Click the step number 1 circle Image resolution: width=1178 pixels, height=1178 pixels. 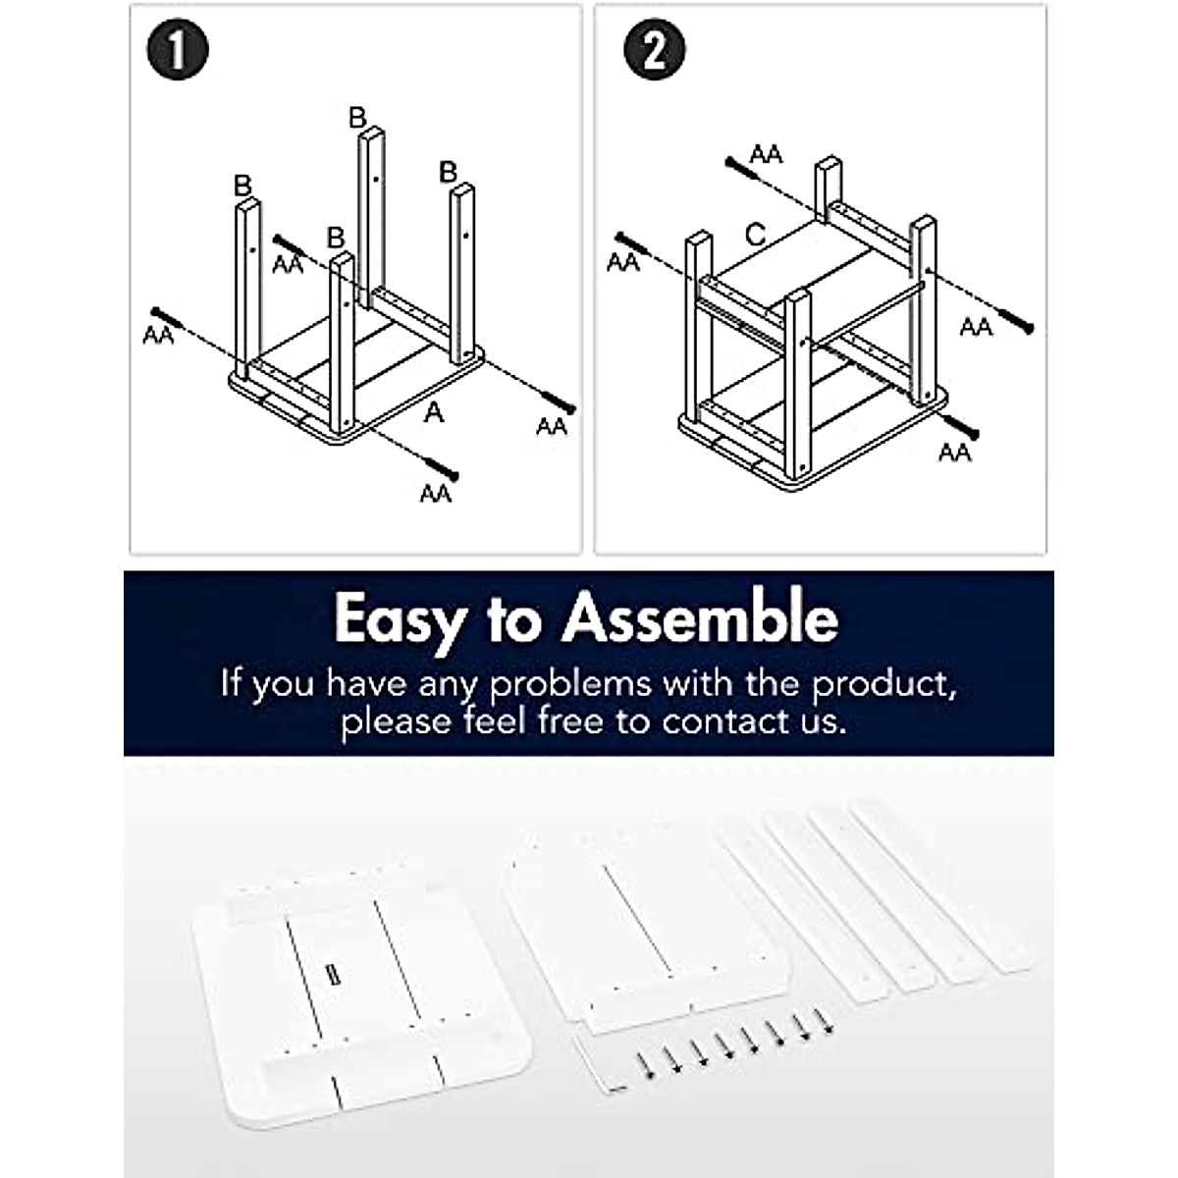click(178, 50)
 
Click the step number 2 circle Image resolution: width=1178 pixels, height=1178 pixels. click(654, 50)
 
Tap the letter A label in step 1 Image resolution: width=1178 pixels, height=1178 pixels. click(434, 413)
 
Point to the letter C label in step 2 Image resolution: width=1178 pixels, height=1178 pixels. click(756, 235)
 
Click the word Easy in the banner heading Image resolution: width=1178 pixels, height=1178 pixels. click(397, 620)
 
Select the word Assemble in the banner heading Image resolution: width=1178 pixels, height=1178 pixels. click(701, 618)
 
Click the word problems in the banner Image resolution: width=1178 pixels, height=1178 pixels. click(571, 684)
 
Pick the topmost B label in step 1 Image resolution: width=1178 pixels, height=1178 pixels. click(357, 118)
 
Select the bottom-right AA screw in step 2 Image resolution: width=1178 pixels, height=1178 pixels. click(960, 425)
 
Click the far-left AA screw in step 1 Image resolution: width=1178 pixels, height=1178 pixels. click(169, 318)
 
